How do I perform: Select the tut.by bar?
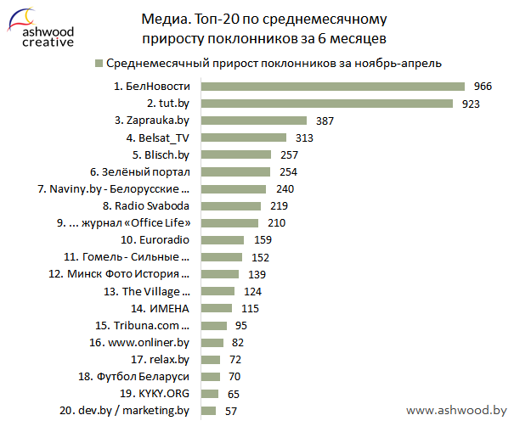pos(327,104)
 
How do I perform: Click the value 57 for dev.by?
pos(231,412)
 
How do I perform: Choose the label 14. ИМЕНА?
pos(160,309)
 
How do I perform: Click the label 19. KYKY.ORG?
pos(155,395)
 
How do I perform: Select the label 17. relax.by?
pos(161,360)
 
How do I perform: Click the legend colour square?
pos(99,63)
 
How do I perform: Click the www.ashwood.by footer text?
pos(456,411)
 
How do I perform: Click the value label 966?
pos(483,87)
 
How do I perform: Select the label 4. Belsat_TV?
pos(157,138)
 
